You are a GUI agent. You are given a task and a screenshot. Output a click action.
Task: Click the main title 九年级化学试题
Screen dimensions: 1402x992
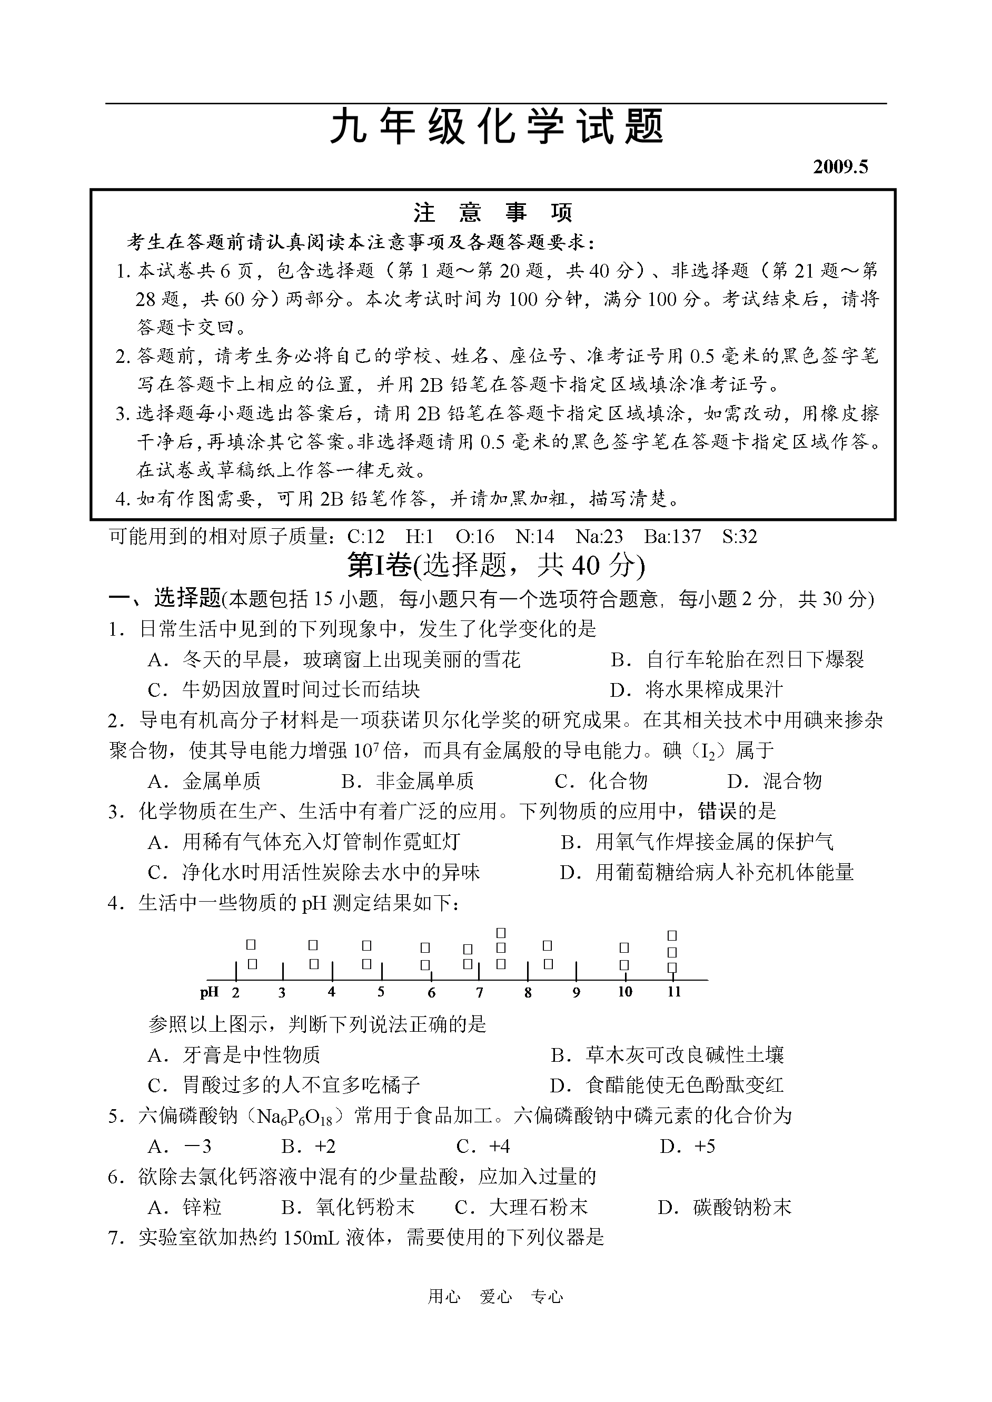click(x=496, y=127)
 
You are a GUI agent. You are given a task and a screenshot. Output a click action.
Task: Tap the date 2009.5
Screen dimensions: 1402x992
click(x=840, y=167)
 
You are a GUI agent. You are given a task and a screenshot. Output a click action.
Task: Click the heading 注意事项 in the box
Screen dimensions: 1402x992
click(x=492, y=213)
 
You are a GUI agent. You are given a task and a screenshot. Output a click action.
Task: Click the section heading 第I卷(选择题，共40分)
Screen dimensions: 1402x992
click(x=495, y=565)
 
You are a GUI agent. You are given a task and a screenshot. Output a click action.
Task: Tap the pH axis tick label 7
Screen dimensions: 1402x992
click(x=480, y=993)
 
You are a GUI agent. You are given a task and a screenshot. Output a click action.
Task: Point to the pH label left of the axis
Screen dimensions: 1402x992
click(x=210, y=992)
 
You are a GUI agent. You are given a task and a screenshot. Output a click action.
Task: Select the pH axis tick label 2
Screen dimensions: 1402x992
click(x=236, y=993)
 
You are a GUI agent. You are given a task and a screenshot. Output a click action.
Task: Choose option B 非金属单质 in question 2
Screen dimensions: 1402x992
click(x=408, y=781)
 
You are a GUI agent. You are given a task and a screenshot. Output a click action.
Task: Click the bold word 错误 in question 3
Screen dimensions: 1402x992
click(x=717, y=811)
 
